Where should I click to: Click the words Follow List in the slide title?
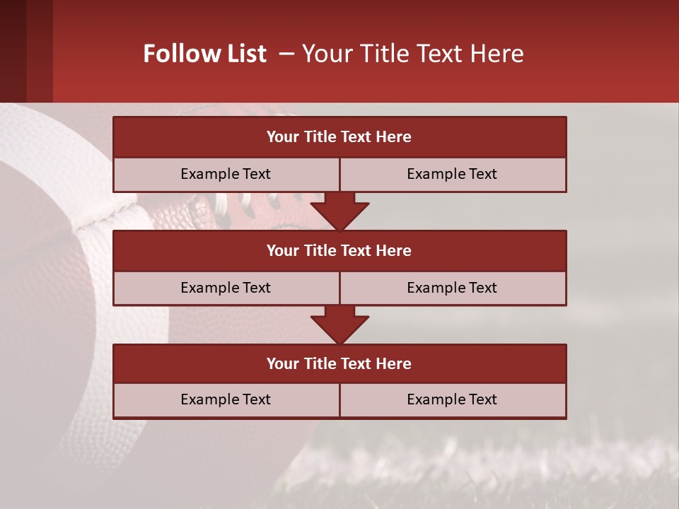tap(204, 54)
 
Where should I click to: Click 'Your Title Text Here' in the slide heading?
tap(412, 54)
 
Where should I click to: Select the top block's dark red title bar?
tap(339, 137)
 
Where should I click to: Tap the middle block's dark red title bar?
tap(339, 250)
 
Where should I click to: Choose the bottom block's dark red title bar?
tap(339, 363)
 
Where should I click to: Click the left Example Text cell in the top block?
tap(226, 174)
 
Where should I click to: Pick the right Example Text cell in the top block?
tap(452, 174)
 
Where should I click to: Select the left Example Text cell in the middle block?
tap(226, 288)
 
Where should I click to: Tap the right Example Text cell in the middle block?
tap(452, 288)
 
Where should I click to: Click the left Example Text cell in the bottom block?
tap(226, 399)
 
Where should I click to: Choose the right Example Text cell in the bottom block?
tap(452, 399)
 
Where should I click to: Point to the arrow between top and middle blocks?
tap(339, 211)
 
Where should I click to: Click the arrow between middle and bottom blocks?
tap(339, 324)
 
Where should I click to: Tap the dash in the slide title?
tap(286, 54)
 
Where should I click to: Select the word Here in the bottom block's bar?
tap(394, 363)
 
